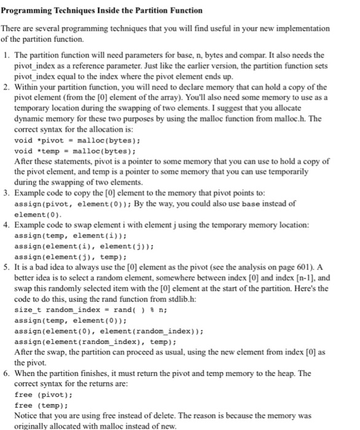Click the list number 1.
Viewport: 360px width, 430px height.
point(6,55)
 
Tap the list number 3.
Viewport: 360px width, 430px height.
point(6,193)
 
